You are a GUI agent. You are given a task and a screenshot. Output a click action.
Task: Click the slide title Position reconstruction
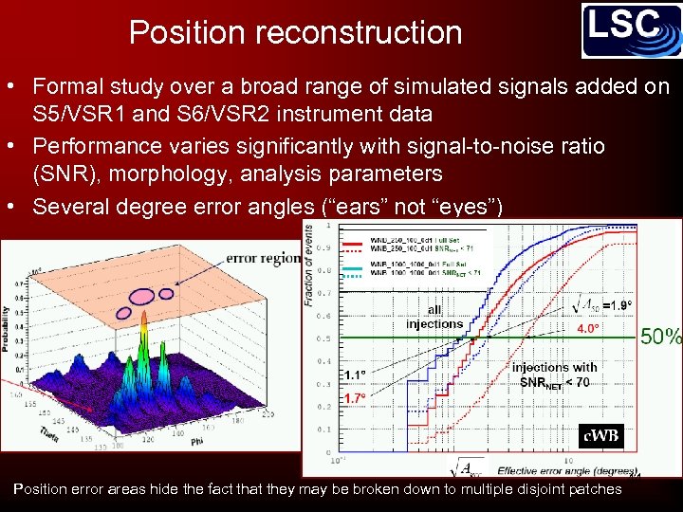pos(295,32)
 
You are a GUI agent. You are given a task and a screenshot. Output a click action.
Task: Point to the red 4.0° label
pos(588,329)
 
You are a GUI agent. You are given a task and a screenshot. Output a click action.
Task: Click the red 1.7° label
pos(357,398)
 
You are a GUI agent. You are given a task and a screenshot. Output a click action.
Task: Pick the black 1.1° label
pos(357,375)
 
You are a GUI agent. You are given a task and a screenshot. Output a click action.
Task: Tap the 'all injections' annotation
pos(434,317)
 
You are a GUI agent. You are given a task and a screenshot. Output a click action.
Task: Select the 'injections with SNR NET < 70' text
pos(554,375)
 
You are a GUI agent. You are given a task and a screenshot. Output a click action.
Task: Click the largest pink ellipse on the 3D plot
pos(142,296)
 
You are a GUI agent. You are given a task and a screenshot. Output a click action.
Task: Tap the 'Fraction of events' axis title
pos(310,266)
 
